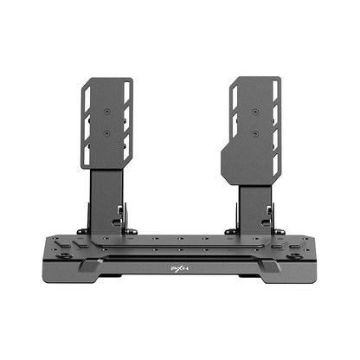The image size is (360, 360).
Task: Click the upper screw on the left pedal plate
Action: coord(107,112)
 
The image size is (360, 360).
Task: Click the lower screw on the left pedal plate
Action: coord(107,133)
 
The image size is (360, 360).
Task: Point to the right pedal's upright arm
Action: coord(254,201)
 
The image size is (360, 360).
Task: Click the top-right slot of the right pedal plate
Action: coord(275,91)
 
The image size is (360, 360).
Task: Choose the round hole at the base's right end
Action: coord(295,256)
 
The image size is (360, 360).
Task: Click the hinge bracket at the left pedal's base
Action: coord(127,223)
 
